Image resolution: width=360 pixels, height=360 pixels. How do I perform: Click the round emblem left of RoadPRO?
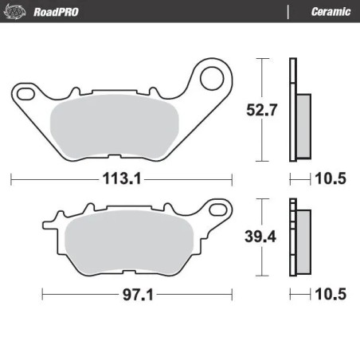pos(17,10)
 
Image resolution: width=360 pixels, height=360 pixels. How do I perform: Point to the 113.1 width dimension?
pos(122,179)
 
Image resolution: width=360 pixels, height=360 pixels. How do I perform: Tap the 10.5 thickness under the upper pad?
pos(331,179)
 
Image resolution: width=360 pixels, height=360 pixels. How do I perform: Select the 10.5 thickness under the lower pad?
pos(331,295)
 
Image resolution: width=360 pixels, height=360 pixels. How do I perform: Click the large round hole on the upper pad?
pos(211,79)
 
